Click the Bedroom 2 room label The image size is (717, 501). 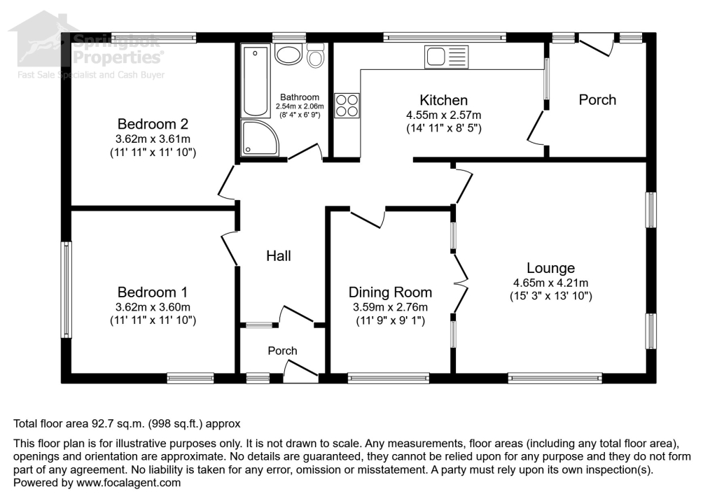point(152,124)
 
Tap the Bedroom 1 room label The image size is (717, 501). point(152,292)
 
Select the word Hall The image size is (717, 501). point(278,256)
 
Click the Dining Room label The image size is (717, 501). point(390,292)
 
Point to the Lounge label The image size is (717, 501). point(550,268)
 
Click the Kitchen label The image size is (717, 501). point(443,100)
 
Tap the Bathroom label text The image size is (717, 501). point(300,97)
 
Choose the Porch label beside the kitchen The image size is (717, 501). point(597,100)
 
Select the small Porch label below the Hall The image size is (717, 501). point(282,351)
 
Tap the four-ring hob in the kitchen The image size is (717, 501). point(347,105)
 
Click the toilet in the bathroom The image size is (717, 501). point(316,56)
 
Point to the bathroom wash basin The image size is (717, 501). point(286,55)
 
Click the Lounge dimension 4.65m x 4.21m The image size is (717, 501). point(550,283)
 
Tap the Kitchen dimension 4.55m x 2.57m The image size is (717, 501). point(443,115)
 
